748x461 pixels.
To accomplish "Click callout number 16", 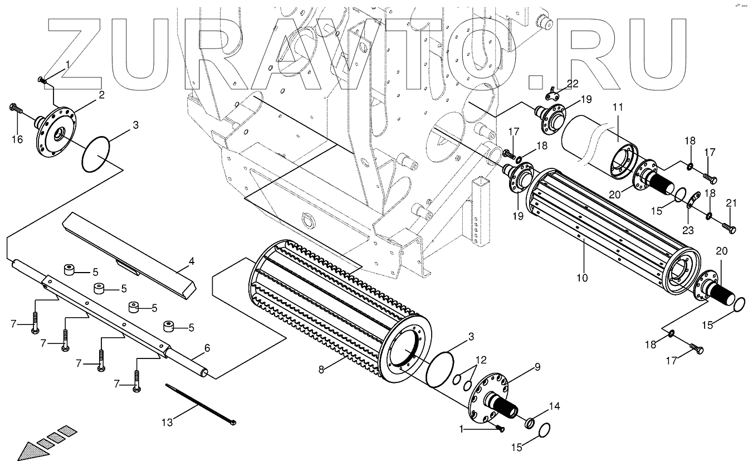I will click(17, 139).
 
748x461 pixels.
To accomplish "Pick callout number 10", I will click(582, 277).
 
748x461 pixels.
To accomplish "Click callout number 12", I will click(481, 360).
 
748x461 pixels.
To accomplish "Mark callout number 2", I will click(101, 95).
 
